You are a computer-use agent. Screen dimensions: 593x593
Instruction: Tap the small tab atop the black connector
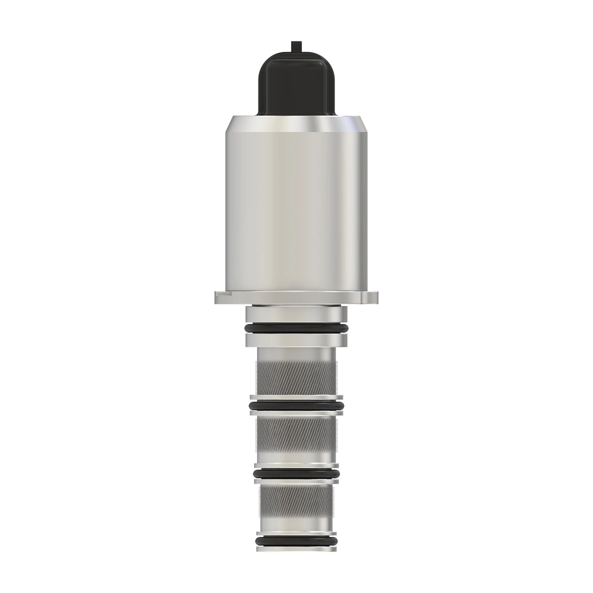pos(296,45)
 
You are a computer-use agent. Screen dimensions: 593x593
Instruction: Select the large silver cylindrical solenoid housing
pos(296,208)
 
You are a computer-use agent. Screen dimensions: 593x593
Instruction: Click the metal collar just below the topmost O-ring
pos(296,340)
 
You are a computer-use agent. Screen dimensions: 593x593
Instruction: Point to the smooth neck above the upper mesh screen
pos(296,354)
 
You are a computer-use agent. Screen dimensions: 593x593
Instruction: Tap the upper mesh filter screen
pos(296,378)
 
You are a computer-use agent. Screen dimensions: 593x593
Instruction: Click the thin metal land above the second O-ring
pos(296,398)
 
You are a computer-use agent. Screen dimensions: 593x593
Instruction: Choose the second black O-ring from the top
pos(296,406)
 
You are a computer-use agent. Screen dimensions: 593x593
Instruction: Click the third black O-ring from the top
pos(296,473)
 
